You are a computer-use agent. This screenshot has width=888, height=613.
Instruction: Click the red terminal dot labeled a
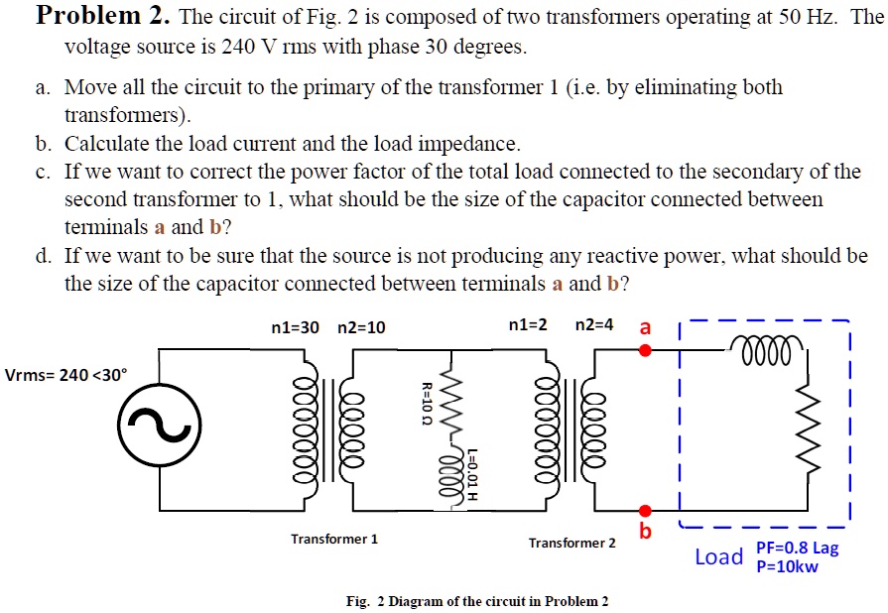[645, 350]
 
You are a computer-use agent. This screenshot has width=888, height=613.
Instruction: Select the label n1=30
[295, 326]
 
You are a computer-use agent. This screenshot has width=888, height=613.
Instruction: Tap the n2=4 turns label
[595, 325]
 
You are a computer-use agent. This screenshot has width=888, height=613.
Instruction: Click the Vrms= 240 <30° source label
[66, 375]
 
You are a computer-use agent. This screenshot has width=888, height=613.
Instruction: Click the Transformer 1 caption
[334, 539]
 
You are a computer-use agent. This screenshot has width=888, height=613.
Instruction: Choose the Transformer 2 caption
[571, 543]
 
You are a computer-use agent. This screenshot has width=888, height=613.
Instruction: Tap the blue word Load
[718, 556]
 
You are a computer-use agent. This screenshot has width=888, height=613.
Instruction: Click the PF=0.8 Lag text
[797, 549]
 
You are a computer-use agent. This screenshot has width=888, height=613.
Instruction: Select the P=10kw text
[787, 567]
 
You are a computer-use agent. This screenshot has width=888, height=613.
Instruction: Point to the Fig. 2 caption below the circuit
[476, 601]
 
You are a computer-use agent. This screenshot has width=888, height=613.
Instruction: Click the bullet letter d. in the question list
[43, 256]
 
